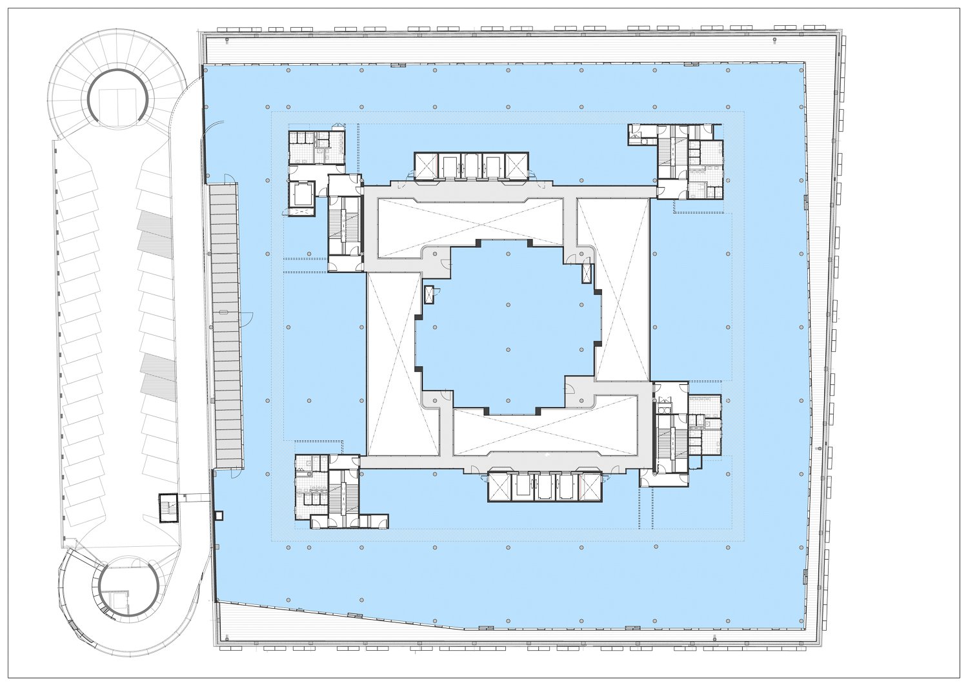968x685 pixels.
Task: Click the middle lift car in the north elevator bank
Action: click(x=471, y=165)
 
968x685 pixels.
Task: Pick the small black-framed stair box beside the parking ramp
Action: click(x=168, y=508)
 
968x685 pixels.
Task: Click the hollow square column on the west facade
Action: click(x=219, y=515)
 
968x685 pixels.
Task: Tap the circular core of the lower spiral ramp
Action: click(x=129, y=588)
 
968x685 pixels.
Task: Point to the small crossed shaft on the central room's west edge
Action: click(x=430, y=294)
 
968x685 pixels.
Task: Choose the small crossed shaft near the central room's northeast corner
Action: click(x=586, y=274)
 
